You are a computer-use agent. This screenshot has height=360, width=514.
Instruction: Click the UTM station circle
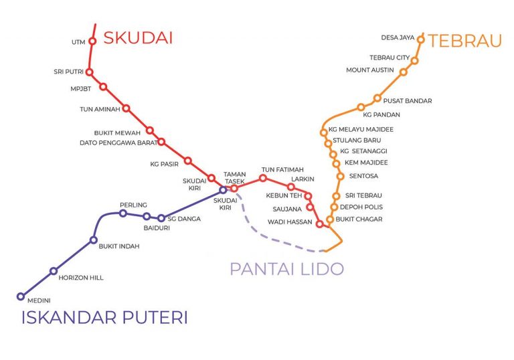point(93,41)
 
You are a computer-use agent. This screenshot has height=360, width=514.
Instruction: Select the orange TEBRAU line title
point(465,41)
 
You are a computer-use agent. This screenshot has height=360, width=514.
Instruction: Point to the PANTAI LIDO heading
point(286,270)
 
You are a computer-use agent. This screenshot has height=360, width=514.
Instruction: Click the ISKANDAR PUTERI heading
point(104,317)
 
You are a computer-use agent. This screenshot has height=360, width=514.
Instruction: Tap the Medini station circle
point(21,296)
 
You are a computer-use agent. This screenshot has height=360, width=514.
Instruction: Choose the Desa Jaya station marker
point(421,39)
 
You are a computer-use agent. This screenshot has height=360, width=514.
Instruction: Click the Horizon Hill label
point(81,278)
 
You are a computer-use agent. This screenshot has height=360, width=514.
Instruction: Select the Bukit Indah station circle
point(94,240)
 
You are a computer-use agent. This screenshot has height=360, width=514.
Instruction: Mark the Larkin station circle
point(290,187)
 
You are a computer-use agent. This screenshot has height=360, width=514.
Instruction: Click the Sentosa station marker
point(340,177)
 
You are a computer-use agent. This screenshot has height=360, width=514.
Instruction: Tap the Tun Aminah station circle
point(126,108)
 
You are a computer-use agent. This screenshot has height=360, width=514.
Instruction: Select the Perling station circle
point(122,213)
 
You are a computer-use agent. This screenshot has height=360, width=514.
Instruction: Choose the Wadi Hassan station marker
point(320,224)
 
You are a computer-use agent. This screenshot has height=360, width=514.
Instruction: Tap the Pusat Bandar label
point(408,101)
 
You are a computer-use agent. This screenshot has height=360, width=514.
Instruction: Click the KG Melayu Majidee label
point(361,129)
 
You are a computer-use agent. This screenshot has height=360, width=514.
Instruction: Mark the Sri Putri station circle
point(89,72)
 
